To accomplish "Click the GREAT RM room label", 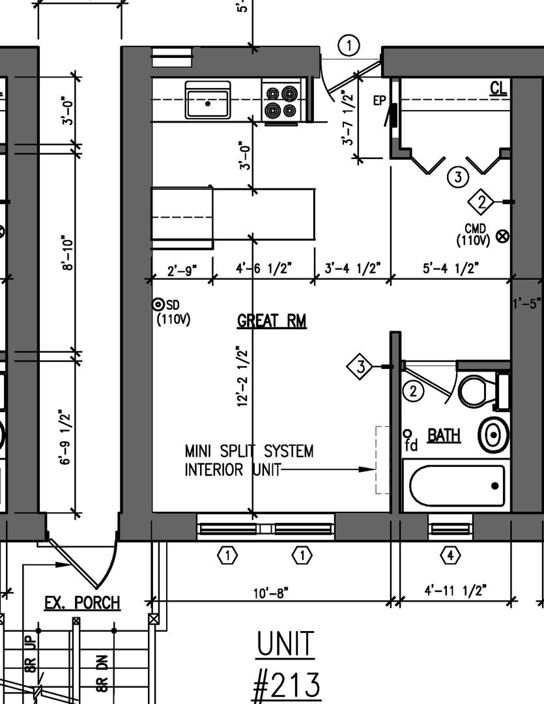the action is (272, 321).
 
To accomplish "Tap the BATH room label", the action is (444, 435).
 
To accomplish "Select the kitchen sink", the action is (208, 100).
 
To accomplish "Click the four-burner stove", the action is (281, 101).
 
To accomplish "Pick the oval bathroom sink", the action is (493, 435).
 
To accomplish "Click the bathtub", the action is (457, 486).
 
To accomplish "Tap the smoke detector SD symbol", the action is (158, 305).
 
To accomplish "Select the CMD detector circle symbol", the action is (503, 236).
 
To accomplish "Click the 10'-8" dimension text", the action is (270, 593).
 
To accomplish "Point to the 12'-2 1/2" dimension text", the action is (243, 376).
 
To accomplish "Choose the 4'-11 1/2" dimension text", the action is (455, 590).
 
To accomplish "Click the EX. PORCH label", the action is (82, 602).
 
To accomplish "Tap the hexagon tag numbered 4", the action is (450, 556).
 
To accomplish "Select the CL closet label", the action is (498, 88).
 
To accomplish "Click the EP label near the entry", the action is (379, 100).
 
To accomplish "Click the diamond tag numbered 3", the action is (360, 367).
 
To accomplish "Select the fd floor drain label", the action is (410, 441).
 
